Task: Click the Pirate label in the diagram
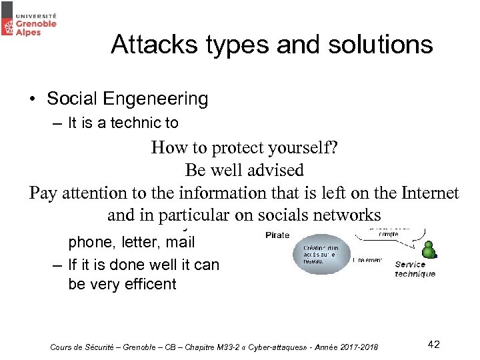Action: point(277,235)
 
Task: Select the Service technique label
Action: point(414,269)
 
